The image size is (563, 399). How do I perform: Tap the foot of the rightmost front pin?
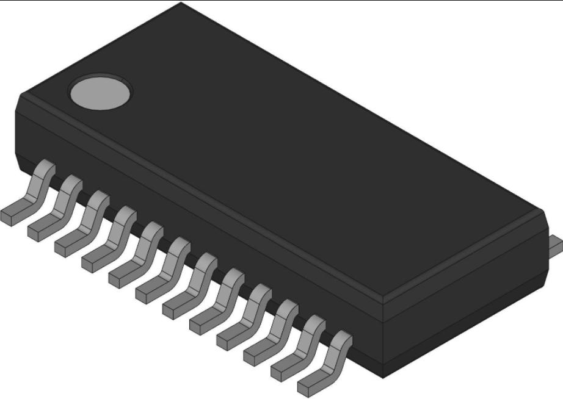(315, 381)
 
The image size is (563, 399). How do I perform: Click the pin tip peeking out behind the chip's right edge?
(557, 244)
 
